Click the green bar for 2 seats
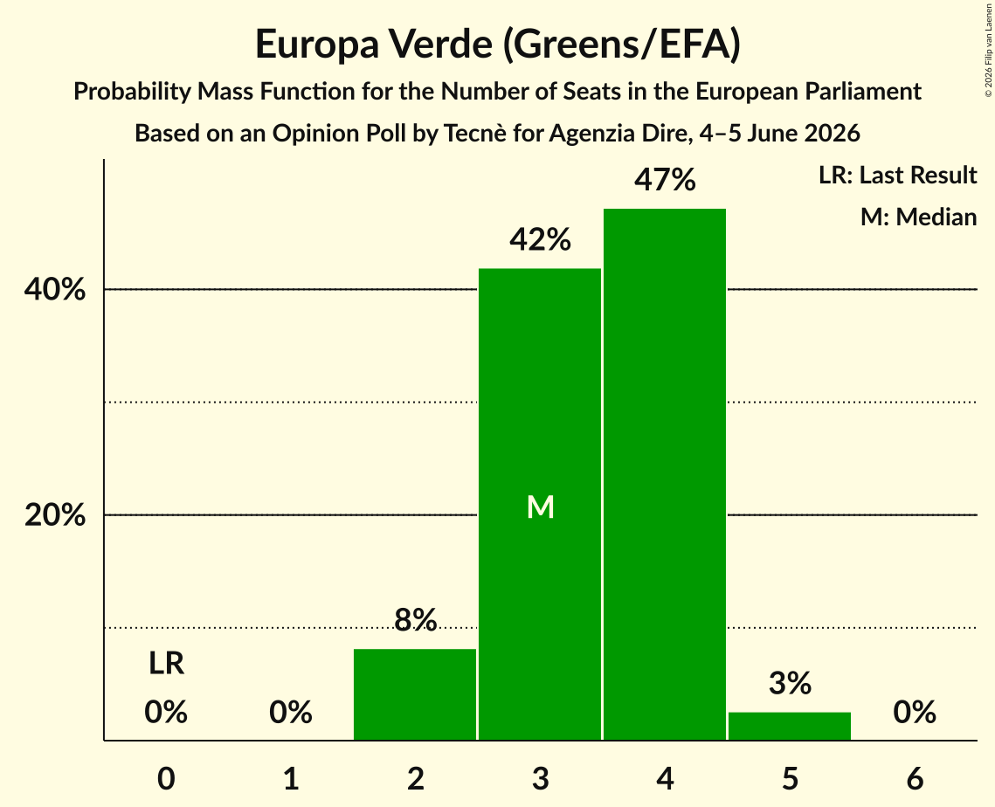click(415, 694)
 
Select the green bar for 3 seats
click(540, 504)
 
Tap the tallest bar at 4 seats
click(665, 474)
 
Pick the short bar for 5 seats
click(790, 726)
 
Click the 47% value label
click(665, 180)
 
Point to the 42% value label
click(541, 240)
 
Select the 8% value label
click(416, 620)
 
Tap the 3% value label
click(790, 683)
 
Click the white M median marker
click(541, 507)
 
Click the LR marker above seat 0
click(166, 664)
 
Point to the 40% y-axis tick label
click(55, 289)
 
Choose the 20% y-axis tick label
click(55, 515)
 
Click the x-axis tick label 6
click(915, 779)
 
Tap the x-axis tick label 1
click(291, 779)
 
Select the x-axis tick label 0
click(166, 779)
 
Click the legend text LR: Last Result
click(898, 175)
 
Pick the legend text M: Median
click(919, 217)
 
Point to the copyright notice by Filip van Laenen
click(989, 50)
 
